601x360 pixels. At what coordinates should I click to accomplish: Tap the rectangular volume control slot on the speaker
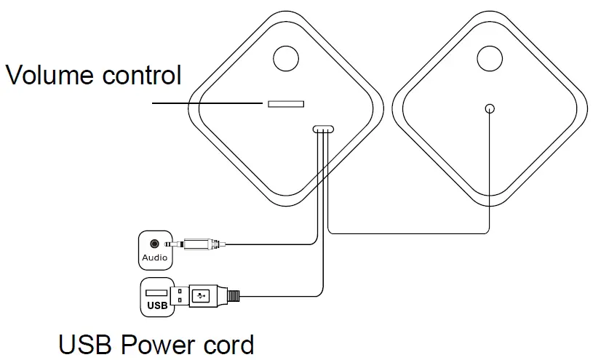tap(286, 103)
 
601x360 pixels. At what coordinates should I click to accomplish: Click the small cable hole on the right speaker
tap(489, 108)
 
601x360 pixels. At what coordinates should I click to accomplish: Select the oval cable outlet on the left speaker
tap(322, 129)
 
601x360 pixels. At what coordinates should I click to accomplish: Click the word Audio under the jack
tap(154, 257)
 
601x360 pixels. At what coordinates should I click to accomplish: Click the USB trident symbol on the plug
tap(202, 296)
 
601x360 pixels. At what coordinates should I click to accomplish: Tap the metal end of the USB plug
tap(179, 296)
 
